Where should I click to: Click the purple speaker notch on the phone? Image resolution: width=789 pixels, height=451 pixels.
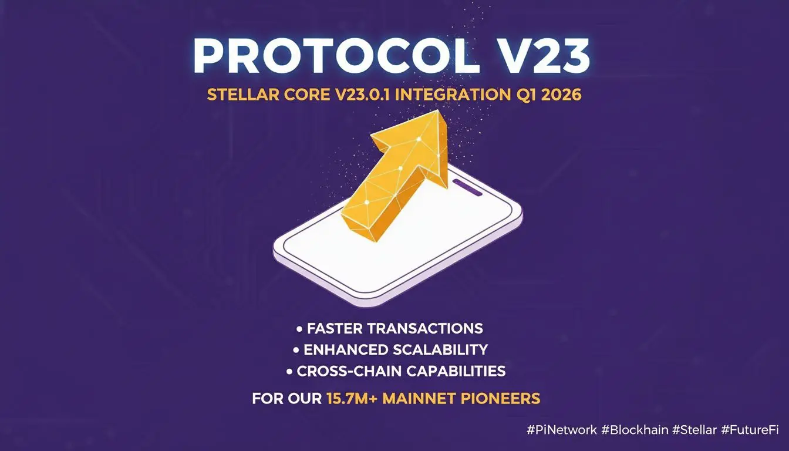pyautogui.click(x=467, y=187)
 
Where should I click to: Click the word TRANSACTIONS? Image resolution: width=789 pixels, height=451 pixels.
pyautogui.click(x=425, y=328)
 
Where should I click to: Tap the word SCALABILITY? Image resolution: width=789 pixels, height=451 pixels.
pyautogui.click(x=440, y=349)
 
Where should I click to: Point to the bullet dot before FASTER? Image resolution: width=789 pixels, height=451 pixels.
pyautogui.click(x=299, y=329)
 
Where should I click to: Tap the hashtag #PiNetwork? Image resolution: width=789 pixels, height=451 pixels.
pyautogui.click(x=562, y=430)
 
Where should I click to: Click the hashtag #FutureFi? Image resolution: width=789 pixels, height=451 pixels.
pyautogui.click(x=750, y=430)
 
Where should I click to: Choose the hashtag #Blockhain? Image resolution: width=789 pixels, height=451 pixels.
pyautogui.click(x=635, y=430)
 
